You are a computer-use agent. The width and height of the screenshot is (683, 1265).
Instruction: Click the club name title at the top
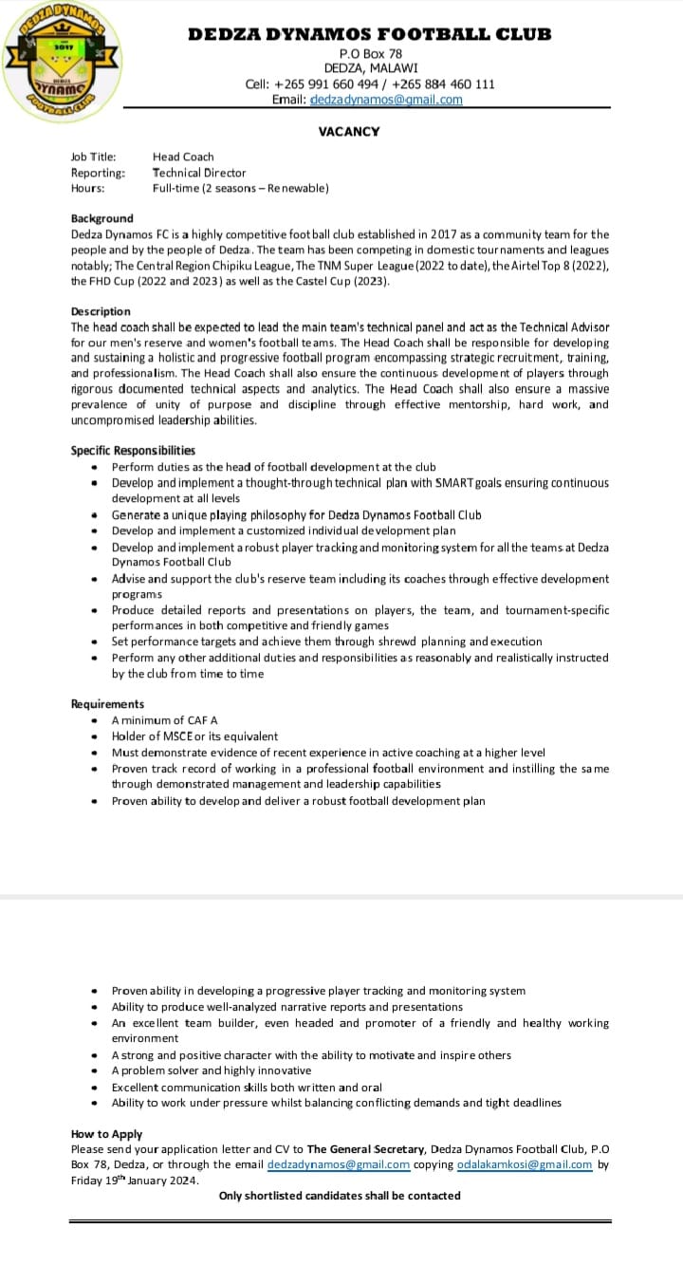(x=369, y=34)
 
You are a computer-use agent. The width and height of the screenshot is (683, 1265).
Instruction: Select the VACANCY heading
(x=349, y=132)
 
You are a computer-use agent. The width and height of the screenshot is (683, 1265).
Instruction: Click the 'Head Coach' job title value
(x=183, y=157)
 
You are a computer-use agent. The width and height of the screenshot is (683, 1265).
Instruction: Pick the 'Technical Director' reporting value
(x=199, y=173)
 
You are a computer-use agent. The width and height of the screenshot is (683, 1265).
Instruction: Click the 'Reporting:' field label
(x=98, y=173)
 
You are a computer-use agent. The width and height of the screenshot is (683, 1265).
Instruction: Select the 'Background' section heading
(x=102, y=218)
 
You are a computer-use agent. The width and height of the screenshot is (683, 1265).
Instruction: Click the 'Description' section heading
(x=101, y=311)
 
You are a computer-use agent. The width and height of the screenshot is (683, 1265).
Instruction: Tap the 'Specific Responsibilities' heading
(x=133, y=451)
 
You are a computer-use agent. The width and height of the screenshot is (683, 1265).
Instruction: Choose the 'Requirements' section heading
(x=107, y=704)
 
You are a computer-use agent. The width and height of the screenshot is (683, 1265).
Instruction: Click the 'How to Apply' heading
(x=106, y=1134)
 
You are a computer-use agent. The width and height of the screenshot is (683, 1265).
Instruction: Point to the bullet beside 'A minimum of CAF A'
(x=94, y=721)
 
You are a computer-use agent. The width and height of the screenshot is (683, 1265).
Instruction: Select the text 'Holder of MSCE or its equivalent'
(x=195, y=736)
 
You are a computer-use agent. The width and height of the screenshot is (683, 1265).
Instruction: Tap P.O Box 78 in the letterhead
(x=370, y=54)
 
